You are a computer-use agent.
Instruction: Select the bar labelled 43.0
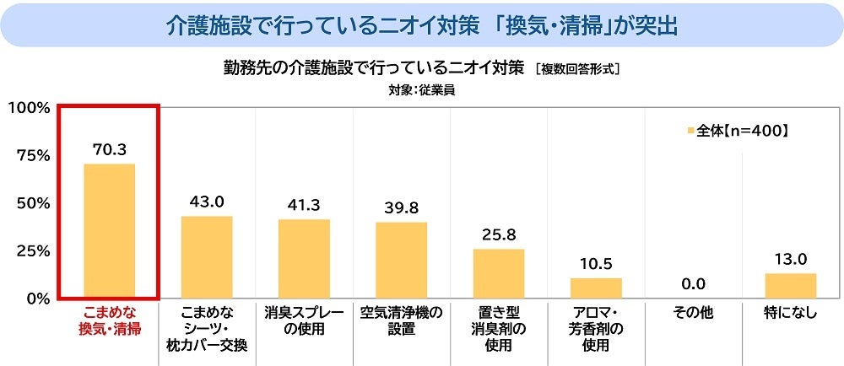coord(207,256)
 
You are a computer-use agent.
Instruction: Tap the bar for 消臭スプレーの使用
coord(304,258)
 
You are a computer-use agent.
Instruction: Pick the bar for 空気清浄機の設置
coord(401,260)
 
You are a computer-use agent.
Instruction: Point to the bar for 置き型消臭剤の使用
coord(498,273)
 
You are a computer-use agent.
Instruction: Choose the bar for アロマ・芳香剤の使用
coord(596,288)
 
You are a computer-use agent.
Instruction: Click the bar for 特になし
coord(791,285)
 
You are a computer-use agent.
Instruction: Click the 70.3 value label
coord(109,150)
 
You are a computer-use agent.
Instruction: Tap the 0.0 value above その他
coord(694,284)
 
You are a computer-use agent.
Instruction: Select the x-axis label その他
coord(694,313)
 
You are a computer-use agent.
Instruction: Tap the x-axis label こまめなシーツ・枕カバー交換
coord(207,328)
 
